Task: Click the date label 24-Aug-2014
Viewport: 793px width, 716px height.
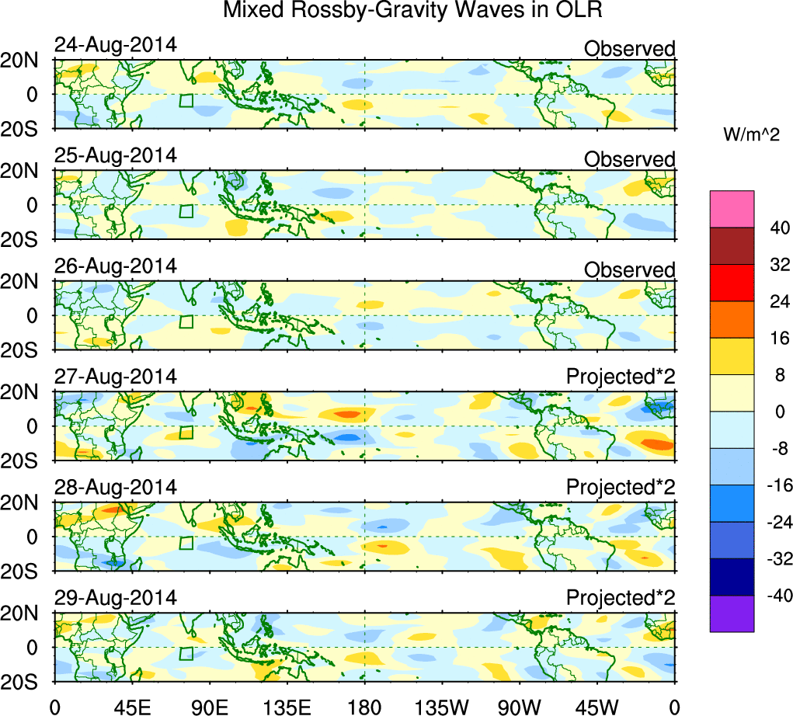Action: (x=116, y=45)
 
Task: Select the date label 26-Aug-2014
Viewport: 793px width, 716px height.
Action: (x=116, y=266)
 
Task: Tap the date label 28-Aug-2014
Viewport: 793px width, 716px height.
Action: (x=116, y=487)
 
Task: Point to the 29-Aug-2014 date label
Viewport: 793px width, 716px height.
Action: (x=116, y=598)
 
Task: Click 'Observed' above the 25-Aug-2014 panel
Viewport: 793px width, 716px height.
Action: (x=629, y=159)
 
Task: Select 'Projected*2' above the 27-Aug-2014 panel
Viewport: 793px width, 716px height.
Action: (x=621, y=377)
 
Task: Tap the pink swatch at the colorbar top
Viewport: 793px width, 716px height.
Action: (x=732, y=209)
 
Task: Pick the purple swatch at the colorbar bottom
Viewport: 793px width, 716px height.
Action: (x=732, y=613)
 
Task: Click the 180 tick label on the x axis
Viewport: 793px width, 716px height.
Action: (x=364, y=705)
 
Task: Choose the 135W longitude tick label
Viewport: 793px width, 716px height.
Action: (x=442, y=705)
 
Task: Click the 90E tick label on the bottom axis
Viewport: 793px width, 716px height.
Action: (x=210, y=705)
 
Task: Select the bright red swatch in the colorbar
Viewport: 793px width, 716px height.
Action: (x=732, y=283)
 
